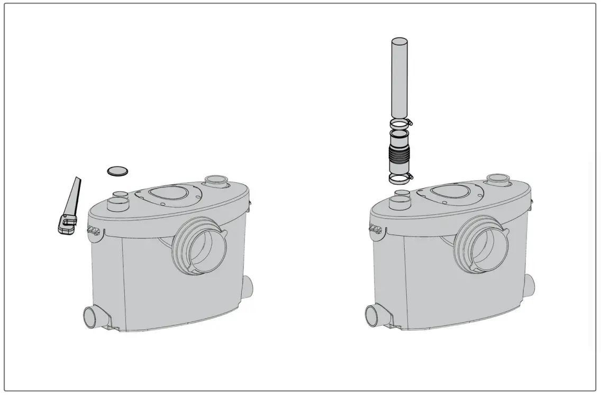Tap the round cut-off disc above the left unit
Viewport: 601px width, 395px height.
(117, 171)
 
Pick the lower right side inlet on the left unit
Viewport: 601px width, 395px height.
(248, 287)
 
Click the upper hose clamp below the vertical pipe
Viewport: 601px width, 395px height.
(400, 125)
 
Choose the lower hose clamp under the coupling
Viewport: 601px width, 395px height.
(400, 178)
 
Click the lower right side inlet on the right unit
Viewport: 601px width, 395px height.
(530, 287)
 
